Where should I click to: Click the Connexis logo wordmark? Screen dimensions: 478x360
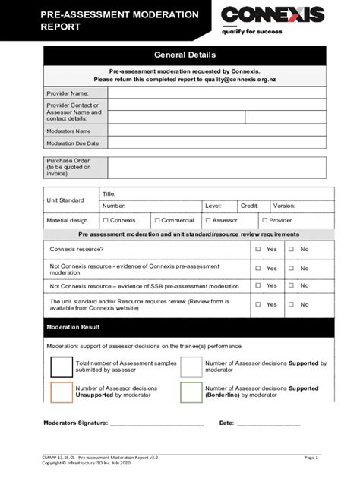pos(273,15)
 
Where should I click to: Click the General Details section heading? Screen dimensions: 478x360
pos(185,55)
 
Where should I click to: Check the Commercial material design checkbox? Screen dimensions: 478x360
pos(157,220)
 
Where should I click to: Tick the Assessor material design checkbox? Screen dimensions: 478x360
pos(207,220)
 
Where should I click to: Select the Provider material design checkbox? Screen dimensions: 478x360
pos(264,220)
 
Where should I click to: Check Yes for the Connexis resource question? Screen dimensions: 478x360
pos(258,249)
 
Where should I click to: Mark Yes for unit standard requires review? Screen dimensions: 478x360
pos(258,304)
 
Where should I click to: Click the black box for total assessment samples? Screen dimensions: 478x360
pos(62,367)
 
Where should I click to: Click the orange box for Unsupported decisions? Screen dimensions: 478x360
pos(62,392)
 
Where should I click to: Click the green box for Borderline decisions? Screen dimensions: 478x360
pos(191,392)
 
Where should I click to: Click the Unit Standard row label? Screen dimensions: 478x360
pos(67,200)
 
